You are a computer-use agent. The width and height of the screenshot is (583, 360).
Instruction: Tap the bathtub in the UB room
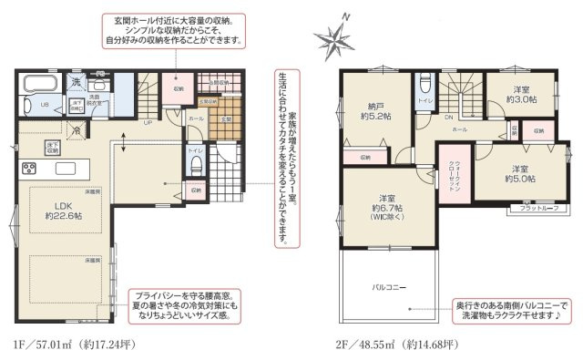(x=41, y=87)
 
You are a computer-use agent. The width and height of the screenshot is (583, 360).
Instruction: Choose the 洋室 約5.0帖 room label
(x=518, y=173)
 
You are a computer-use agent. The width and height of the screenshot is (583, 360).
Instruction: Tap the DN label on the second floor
(x=449, y=118)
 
